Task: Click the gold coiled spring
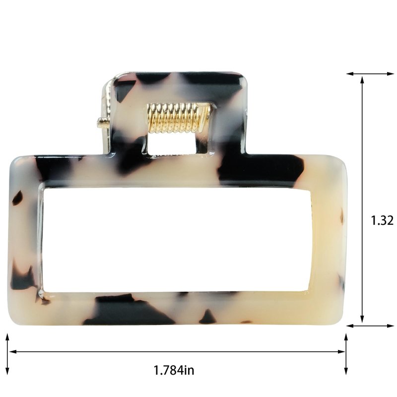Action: tap(179, 118)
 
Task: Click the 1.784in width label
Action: tap(174, 370)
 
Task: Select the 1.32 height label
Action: tap(382, 220)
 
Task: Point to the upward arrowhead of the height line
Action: tap(362, 80)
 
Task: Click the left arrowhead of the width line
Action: tap(13, 352)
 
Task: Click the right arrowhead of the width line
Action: tap(341, 352)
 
